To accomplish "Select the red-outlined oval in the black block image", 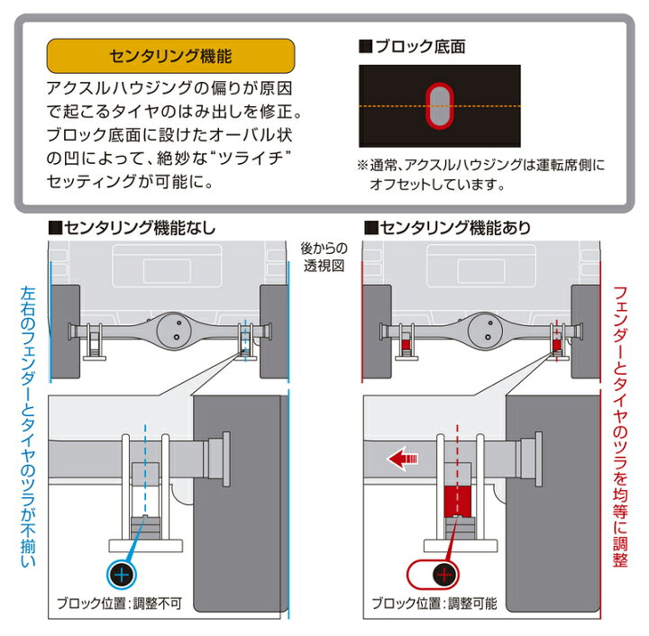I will [x=441, y=107].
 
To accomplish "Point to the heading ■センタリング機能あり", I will [x=447, y=227].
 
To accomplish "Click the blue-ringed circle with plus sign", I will [x=123, y=574].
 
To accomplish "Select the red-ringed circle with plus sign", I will [x=441, y=574].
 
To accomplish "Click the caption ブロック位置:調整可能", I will [x=434, y=604].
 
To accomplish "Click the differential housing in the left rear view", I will [x=169, y=330].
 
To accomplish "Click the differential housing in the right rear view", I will [x=485, y=330].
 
